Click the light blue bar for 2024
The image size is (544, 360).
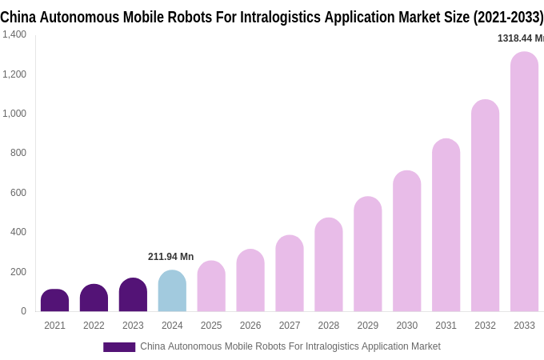[x=172, y=292]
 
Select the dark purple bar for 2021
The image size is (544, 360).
[x=54, y=301]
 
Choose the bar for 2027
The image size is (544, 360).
[x=290, y=274]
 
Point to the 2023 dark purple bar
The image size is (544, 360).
[x=133, y=295]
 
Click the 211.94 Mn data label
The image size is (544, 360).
[x=170, y=257]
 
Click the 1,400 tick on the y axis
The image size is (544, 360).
[x=14, y=34]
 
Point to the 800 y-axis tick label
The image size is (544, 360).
[x=18, y=153]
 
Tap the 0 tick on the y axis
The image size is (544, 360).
[x=23, y=311]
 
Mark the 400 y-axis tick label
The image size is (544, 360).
[x=18, y=232]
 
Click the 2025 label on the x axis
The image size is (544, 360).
[x=211, y=326]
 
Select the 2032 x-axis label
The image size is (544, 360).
[x=485, y=326]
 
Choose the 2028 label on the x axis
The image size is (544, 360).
[x=329, y=326]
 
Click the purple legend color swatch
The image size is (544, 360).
[x=119, y=347]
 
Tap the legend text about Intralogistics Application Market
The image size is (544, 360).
[x=290, y=346]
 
